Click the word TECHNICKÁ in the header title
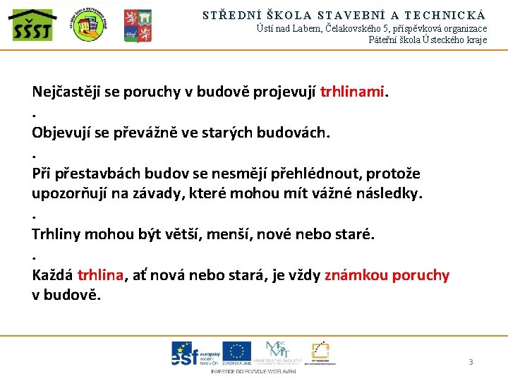tap(446, 14)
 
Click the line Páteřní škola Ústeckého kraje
tap(428, 40)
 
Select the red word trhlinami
tap(353, 92)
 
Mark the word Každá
tap(52, 275)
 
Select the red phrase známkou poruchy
tap(387, 275)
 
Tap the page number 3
tap(471, 362)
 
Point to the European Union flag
tap(236, 351)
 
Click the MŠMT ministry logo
tap(276, 352)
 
